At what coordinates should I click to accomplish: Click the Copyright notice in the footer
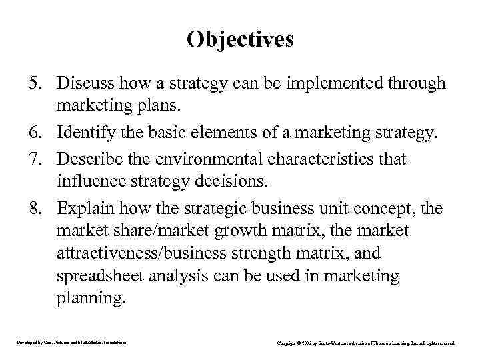pos(366,343)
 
